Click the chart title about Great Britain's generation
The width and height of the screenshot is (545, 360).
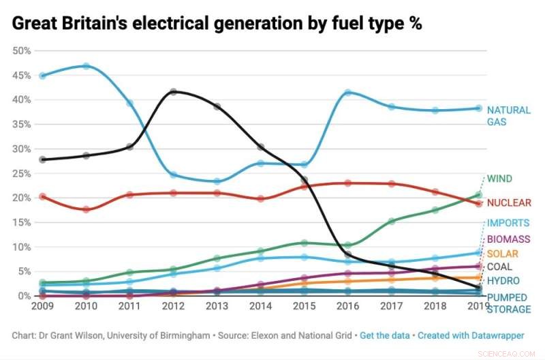[x=217, y=23]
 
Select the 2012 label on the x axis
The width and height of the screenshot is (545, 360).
[x=174, y=306]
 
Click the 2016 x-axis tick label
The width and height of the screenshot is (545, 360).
[x=347, y=306]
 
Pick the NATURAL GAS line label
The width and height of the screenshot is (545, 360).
[x=508, y=116]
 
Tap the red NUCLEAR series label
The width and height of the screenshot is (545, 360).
[x=508, y=202]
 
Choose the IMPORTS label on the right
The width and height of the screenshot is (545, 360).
[x=508, y=223]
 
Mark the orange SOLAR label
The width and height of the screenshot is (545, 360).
[x=503, y=254]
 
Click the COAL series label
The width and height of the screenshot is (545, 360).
[x=499, y=267]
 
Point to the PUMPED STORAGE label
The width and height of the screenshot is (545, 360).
[x=508, y=303]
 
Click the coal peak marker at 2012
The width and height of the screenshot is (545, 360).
[x=174, y=91]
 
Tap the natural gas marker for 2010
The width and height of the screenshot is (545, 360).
[x=87, y=66]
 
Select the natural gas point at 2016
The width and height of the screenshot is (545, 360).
[x=347, y=93]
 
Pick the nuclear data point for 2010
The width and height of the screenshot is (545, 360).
[x=87, y=209]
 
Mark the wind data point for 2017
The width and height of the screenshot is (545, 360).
[x=391, y=221]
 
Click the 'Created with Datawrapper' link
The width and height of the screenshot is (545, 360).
[x=471, y=335]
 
